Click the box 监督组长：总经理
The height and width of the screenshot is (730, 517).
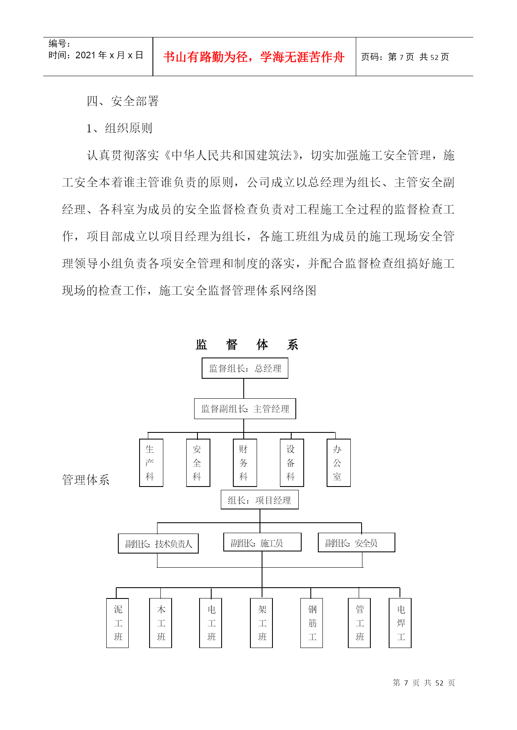[x=245, y=368]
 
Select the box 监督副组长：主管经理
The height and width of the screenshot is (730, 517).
[x=245, y=409]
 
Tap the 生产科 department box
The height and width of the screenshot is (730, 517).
[x=151, y=463]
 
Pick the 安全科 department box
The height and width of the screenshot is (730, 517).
[x=198, y=463]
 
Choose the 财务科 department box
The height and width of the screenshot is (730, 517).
[x=245, y=463]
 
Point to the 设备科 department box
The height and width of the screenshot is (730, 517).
[x=292, y=463]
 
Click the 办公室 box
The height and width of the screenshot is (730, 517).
[x=339, y=463]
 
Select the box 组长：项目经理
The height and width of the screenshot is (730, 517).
[x=260, y=500]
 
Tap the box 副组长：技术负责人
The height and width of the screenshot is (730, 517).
[x=158, y=544]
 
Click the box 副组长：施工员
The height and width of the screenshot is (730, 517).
[x=262, y=542]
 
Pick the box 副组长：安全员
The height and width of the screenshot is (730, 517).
[x=357, y=543]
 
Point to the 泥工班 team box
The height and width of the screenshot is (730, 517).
[x=117, y=623]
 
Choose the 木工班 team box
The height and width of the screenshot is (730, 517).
[x=160, y=623]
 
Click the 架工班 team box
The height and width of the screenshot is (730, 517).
[x=261, y=623]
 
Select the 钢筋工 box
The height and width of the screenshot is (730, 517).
[x=312, y=623]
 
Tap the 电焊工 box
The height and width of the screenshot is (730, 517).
[x=400, y=623]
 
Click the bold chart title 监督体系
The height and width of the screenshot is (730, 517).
[x=247, y=345]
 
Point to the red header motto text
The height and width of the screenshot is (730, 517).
[x=254, y=57]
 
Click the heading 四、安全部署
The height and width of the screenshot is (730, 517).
[x=123, y=101]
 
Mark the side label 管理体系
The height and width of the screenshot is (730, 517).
[x=86, y=480]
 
